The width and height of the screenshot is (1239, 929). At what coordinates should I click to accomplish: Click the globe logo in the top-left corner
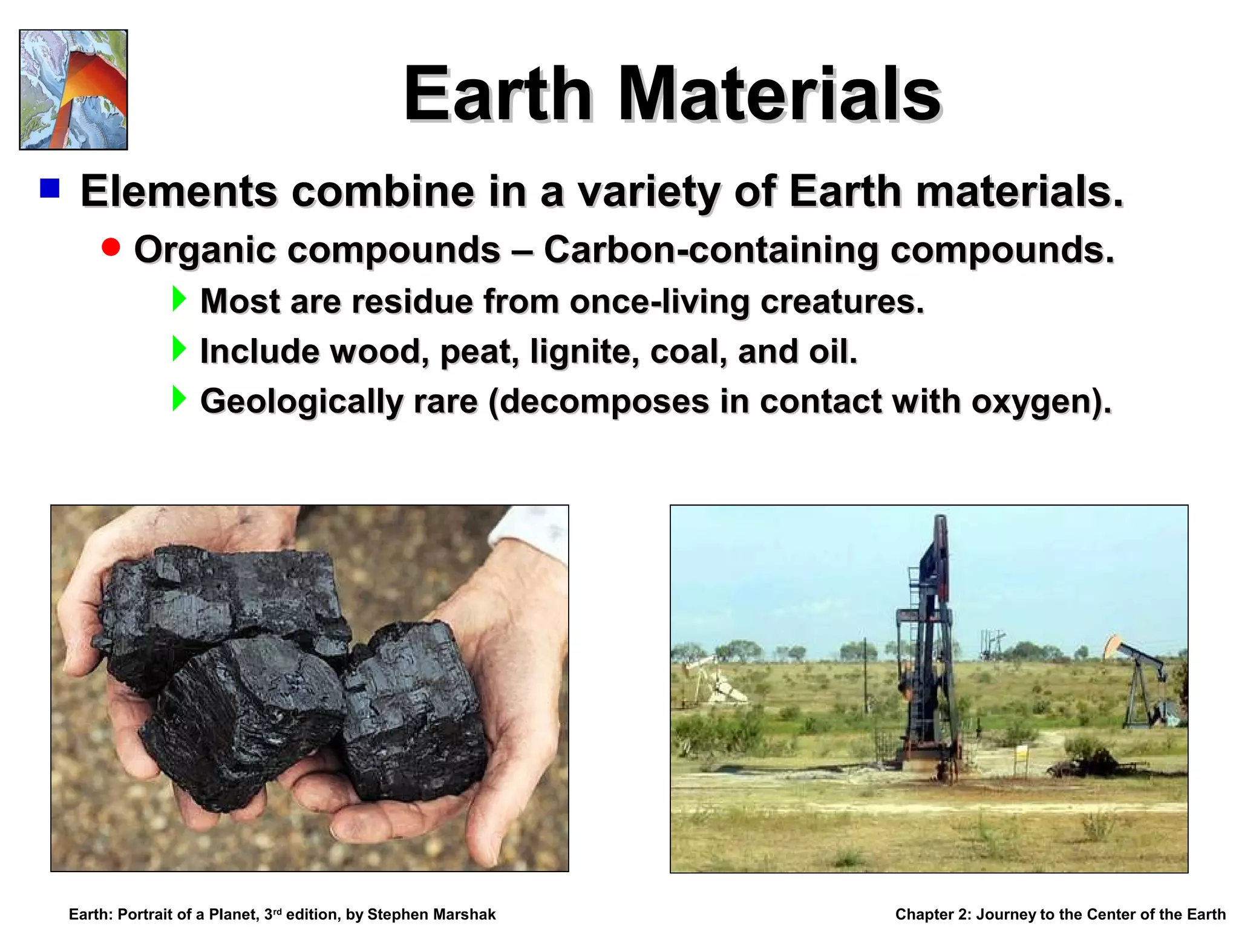point(73,90)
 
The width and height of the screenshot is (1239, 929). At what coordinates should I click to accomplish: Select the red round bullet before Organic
point(111,247)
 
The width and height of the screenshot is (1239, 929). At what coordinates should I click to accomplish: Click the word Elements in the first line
point(179,191)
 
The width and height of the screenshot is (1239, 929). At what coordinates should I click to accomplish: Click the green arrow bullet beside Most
point(178,299)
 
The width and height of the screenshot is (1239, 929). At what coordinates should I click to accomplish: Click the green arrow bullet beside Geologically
point(178,399)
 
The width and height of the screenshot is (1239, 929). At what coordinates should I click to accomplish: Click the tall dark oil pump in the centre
point(927,653)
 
